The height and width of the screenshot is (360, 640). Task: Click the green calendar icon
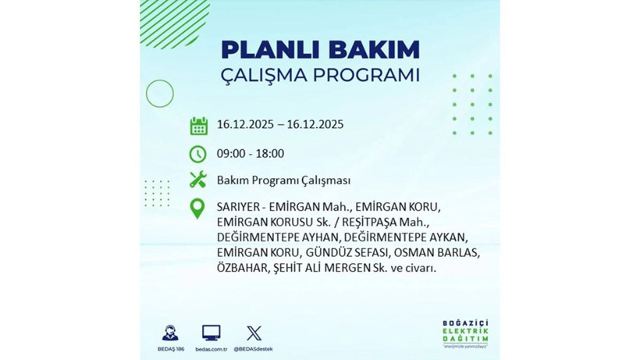click(x=198, y=125)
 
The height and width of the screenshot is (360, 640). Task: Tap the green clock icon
click(x=198, y=153)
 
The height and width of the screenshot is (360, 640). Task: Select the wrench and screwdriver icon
click(x=198, y=180)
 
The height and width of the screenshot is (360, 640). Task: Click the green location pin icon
click(x=198, y=209)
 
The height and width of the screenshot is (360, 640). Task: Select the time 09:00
click(x=232, y=153)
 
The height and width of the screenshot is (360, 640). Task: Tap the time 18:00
click(x=269, y=153)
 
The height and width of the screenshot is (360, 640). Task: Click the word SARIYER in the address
click(x=239, y=207)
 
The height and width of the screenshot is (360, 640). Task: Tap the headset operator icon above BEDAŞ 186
click(x=169, y=333)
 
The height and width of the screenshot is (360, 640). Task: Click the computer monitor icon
click(x=211, y=333)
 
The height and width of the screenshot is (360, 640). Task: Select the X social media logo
click(x=254, y=333)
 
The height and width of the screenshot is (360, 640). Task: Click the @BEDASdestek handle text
click(x=254, y=348)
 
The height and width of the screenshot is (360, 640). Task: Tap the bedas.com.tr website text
click(x=211, y=348)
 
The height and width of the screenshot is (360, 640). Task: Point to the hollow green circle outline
click(x=159, y=94)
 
